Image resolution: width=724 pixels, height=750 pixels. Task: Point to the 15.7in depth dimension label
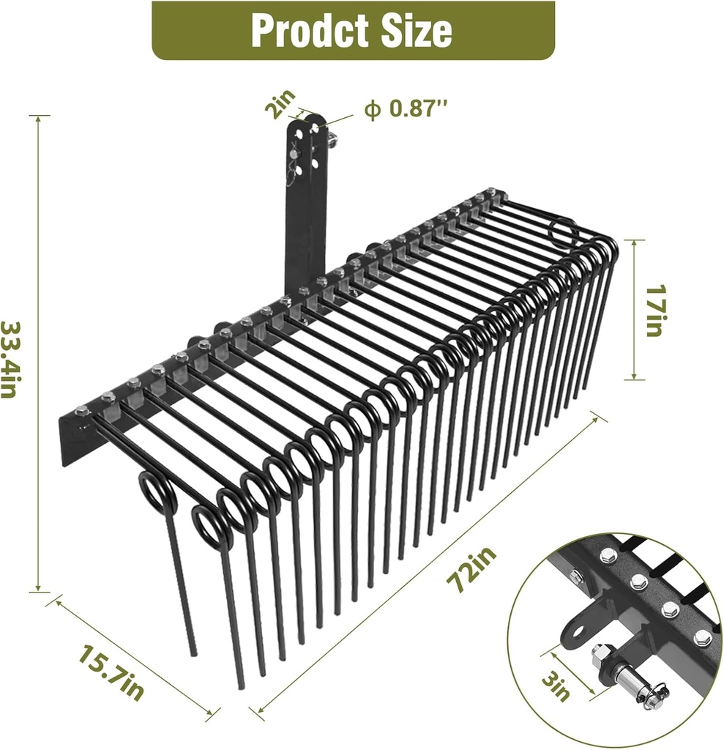[109, 670]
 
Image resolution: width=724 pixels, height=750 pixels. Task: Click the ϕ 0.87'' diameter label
[406, 109]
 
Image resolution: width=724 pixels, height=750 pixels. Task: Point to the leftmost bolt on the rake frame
[81, 412]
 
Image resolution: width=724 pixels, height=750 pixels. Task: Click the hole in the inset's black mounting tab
[583, 629]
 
